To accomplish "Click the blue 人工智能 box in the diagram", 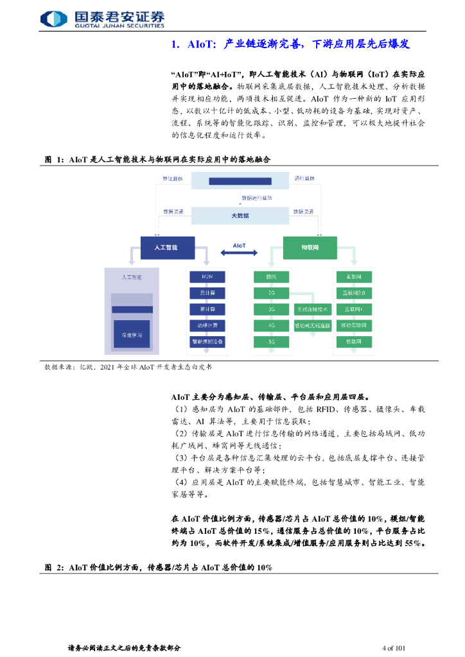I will pos(166,247).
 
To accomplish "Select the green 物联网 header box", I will pos(311,247).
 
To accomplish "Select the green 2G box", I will pos(272,293).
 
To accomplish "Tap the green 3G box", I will pos(272,309).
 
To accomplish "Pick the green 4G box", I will pos(272,326).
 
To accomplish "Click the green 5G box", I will pos(272,342).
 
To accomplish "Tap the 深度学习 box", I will pos(131,335).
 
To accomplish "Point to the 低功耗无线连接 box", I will pos(312,326).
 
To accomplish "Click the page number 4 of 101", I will pos(393,647).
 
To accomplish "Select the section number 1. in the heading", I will pos(177,45).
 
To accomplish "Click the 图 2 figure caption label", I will pos(54,567).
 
